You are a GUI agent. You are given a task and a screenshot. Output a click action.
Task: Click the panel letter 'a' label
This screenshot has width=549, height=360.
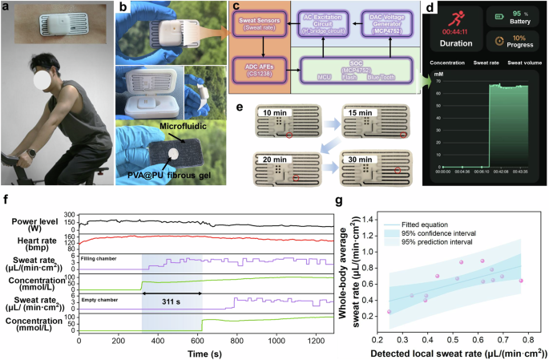click(x=6, y=7)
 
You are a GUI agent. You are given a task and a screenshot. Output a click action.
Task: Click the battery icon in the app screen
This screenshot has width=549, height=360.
click(x=502, y=15)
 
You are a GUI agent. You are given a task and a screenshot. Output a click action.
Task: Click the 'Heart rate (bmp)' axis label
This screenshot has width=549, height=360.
click(x=38, y=241)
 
